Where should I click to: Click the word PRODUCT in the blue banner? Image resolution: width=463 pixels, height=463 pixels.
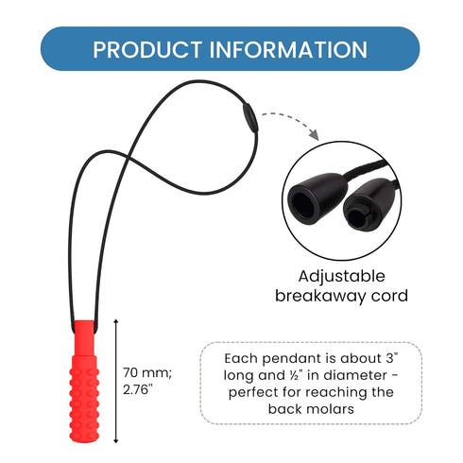(x=147, y=50)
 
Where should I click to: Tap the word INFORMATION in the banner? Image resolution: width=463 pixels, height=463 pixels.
(x=288, y=50)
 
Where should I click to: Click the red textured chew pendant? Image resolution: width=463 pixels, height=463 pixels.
(x=84, y=381)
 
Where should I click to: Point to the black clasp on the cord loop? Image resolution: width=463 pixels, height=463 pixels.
(x=250, y=118)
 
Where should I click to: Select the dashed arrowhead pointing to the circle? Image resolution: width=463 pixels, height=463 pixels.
(x=314, y=135)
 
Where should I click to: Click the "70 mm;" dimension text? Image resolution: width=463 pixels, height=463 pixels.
(x=147, y=373)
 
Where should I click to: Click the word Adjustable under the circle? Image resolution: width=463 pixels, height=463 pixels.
(x=342, y=277)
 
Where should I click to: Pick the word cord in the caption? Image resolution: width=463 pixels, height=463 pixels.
(x=389, y=296)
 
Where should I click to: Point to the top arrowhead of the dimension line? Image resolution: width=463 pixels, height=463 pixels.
(x=116, y=321)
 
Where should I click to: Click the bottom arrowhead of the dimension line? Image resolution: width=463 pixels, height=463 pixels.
(x=116, y=440)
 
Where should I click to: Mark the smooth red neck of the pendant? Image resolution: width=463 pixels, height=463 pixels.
(x=84, y=337)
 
